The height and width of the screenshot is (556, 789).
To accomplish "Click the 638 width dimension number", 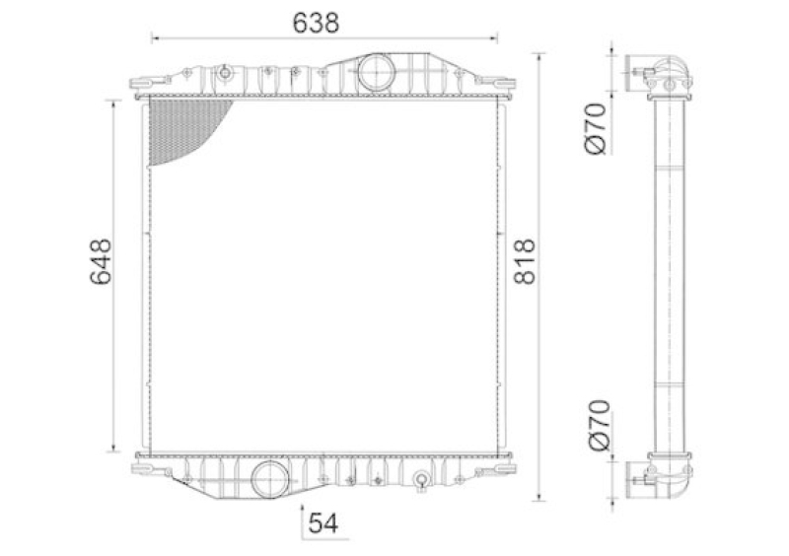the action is click(x=316, y=23).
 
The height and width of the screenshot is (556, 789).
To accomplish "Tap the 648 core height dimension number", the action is click(x=101, y=261).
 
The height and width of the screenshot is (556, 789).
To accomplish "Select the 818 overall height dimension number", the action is click(x=525, y=261).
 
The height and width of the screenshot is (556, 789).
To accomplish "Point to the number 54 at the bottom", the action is click(x=323, y=523).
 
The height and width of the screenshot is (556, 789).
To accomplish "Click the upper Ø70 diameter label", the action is click(x=598, y=129).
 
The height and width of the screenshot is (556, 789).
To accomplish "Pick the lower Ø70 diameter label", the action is click(x=599, y=426).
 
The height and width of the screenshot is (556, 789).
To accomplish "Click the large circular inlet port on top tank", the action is click(x=376, y=73).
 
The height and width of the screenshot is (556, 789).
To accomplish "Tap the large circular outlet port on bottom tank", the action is click(x=270, y=479).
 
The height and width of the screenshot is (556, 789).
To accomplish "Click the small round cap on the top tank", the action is click(x=225, y=74).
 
